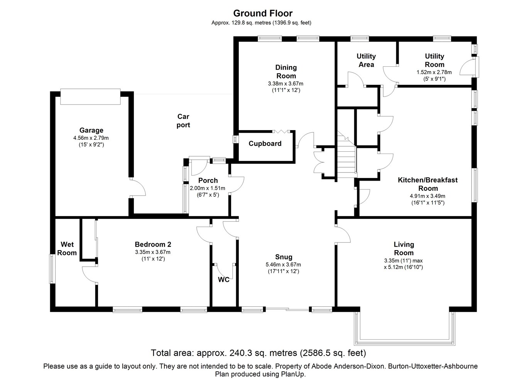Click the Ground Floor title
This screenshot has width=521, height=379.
click(x=263, y=13)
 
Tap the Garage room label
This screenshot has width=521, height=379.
click(x=91, y=130)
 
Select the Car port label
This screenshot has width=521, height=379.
click(x=183, y=120)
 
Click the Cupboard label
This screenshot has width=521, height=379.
click(x=265, y=144)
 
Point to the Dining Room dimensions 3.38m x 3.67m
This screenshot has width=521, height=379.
click(x=286, y=83)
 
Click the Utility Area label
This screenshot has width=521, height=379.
click(x=366, y=60)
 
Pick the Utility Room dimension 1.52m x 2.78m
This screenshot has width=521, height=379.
click(x=434, y=72)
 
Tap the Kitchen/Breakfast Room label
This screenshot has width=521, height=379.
click(x=428, y=184)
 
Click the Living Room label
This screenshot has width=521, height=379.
click(x=404, y=249)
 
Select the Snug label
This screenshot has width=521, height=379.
click(x=284, y=257)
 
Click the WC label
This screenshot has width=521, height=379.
click(x=223, y=279)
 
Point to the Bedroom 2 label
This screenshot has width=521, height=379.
click(x=153, y=244)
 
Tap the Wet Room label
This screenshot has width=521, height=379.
click(x=67, y=249)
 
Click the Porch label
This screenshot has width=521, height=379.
click(x=208, y=180)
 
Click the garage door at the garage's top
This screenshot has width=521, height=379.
click(x=90, y=96)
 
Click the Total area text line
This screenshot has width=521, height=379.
click(x=259, y=353)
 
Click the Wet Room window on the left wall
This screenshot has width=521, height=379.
click(x=52, y=269)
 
